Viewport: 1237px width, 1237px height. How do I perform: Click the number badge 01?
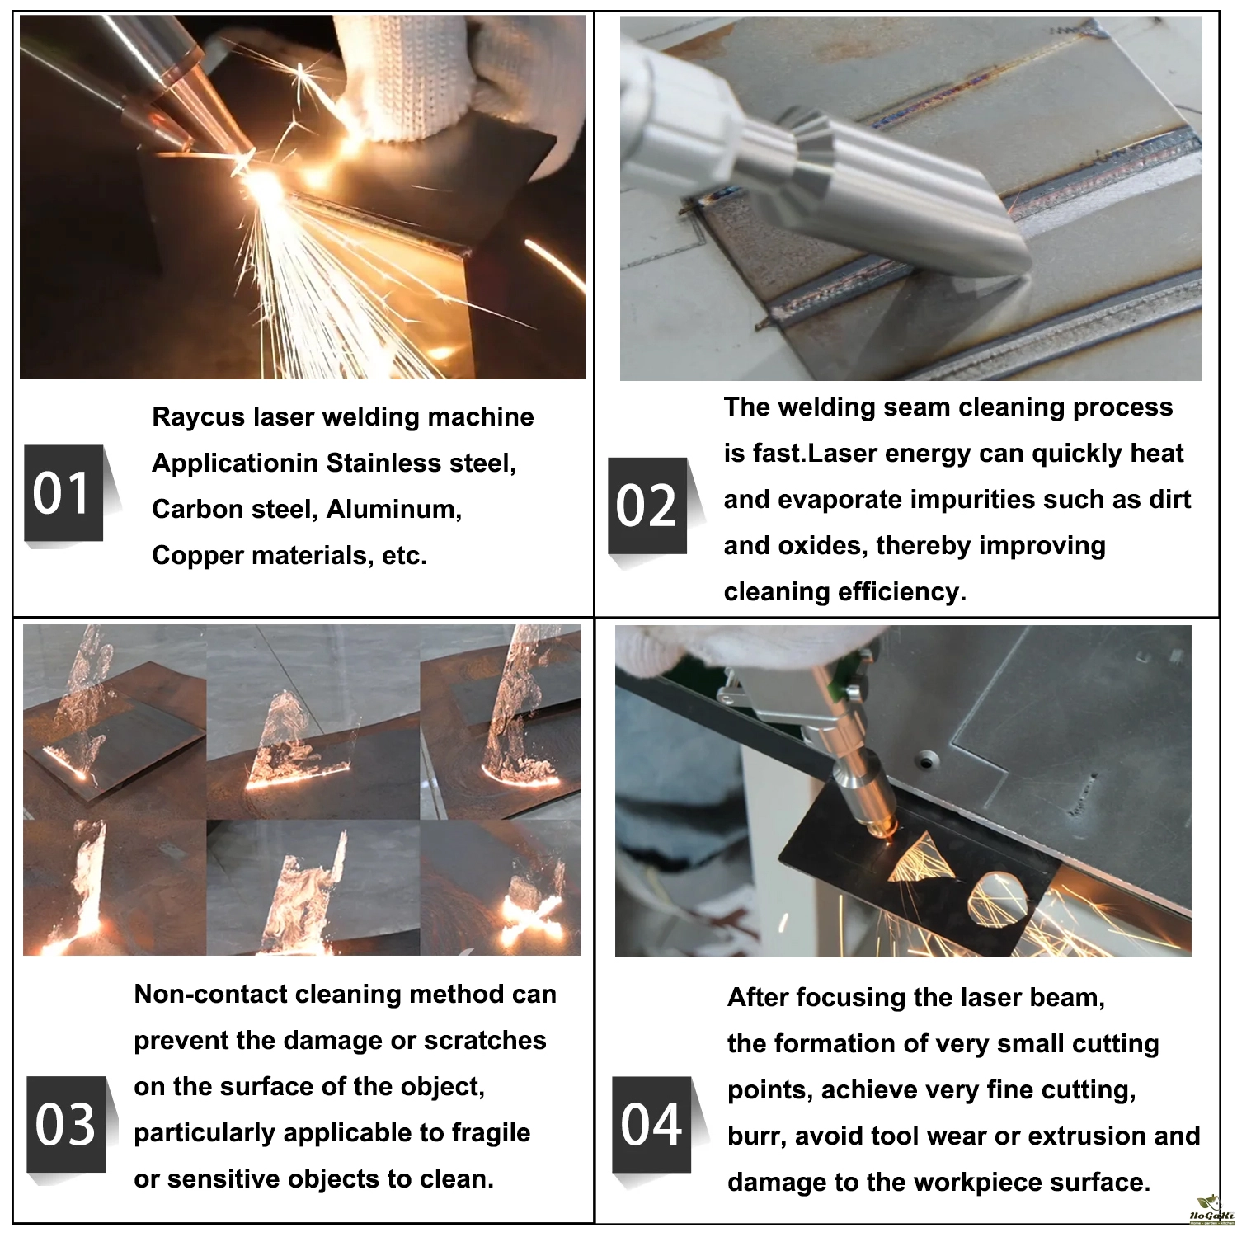pos(64,493)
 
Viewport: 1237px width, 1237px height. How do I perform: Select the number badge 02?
pos(648,506)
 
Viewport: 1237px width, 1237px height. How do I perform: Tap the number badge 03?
pos(66,1124)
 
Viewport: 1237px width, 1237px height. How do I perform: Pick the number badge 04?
pos(651,1124)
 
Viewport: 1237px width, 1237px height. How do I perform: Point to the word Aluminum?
pos(394,509)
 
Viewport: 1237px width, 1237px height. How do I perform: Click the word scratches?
pos(485,1040)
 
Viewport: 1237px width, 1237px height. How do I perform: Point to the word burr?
pos(754,1136)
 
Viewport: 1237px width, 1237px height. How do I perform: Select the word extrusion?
pos(1087,1136)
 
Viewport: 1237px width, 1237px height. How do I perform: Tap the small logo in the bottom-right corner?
pos(1211,1211)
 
